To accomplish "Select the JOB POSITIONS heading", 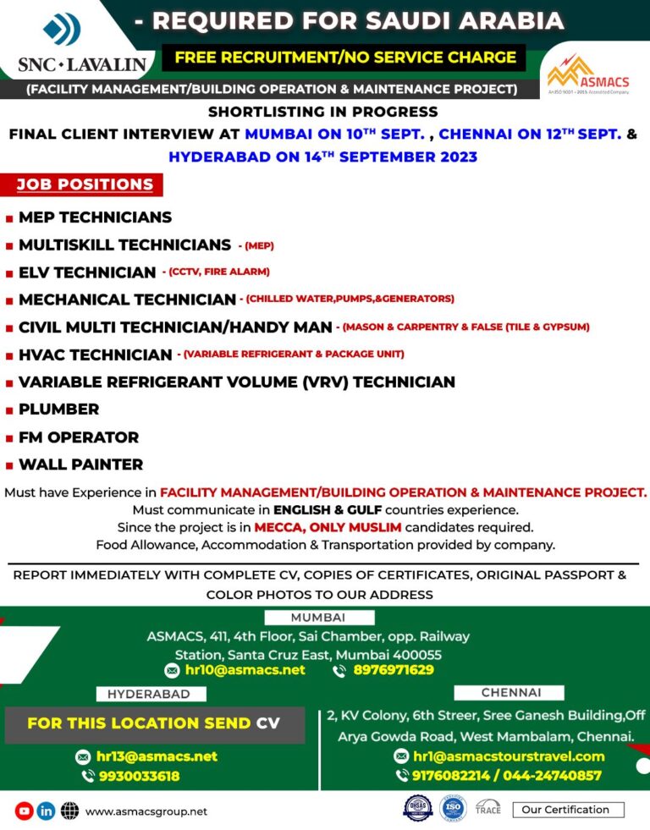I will (x=85, y=184).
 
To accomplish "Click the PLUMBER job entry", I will (x=58, y=409).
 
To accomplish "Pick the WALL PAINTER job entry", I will (x=80, y=464).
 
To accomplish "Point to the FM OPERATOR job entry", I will (x=78, y=437).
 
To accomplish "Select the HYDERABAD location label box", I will (x=148, y=694).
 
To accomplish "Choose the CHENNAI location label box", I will (x=510, y=692).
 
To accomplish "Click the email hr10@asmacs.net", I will (x=245, y=670).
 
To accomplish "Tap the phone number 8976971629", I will (x=394, y=670).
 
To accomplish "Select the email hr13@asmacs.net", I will (x=157, y=756).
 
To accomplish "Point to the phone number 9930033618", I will (x=139, y=776).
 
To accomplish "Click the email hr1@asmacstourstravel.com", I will (x=509, y=756).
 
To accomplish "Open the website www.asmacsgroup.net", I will (x=146, y=811).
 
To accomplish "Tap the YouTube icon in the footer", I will (x=24, y=811).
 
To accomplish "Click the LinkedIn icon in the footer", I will (x=46, y=811).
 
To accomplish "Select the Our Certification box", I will (x=567, y=810).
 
